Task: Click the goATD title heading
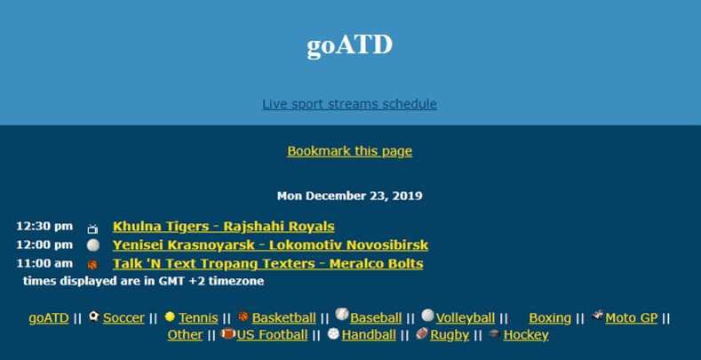[349, 45]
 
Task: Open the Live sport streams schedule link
[349, 104]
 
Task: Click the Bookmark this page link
[349, 151]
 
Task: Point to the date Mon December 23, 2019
[349, 196]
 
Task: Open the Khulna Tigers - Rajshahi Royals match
[224, 227]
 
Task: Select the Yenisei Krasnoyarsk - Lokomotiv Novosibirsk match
[270, 245]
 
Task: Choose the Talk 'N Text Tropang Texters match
[267, 264]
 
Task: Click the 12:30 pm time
[44, 227]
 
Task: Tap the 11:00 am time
[44, 263]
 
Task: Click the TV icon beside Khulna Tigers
[92, 229]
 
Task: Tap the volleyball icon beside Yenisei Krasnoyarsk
[93, 245]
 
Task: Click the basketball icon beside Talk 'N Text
[92, 265]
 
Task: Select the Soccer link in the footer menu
[123, 318]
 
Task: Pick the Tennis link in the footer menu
[198, 318]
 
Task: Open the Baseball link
[376, 318]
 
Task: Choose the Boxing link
[550, 318]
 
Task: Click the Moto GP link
[632, 318]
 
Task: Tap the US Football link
[272, 335]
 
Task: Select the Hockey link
[526, 335]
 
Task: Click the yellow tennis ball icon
[170, 316]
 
